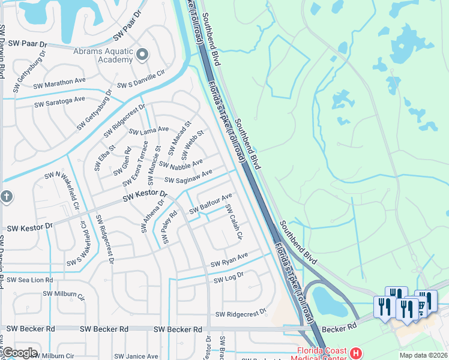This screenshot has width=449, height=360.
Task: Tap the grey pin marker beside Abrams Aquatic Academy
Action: click(x=142, y=56)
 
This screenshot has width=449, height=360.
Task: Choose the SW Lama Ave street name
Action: click(x=149, y=130)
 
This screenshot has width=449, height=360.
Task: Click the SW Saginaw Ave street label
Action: click(x=188, y=177)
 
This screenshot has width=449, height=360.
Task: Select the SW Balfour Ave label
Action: click(x=211, y=204)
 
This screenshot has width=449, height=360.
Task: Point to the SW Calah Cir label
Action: click(x=233, y=222)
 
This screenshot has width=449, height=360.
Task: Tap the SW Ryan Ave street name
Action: click(x=229, y=260)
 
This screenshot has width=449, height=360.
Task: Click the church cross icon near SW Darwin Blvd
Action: click(x=6, y=197)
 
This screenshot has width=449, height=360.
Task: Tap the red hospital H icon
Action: click(x=355, y=353)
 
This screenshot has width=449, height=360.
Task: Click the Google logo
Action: click(x=20, y=353)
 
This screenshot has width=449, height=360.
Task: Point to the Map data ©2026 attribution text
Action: click(x=423, y=355)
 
